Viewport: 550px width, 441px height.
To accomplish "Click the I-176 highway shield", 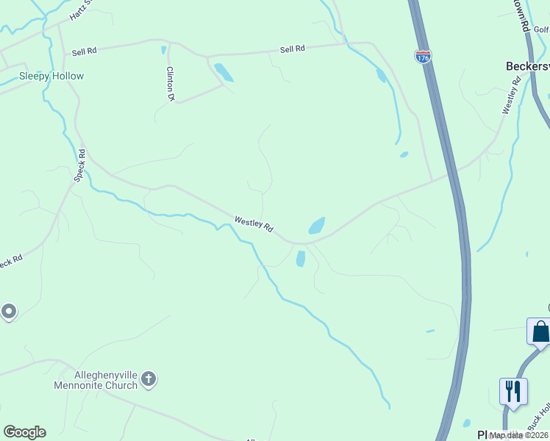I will [423, 57].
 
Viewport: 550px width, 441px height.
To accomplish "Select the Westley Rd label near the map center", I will [254, 224].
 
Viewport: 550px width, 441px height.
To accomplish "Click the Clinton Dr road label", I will [171, 83].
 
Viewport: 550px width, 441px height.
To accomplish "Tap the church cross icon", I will [149, 379].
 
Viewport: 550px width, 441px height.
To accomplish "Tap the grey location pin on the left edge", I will [8, 312].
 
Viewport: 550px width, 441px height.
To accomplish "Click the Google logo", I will [24, 432].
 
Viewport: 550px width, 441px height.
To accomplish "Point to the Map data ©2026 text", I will [518, 435].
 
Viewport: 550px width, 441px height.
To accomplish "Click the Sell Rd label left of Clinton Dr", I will [85, 52].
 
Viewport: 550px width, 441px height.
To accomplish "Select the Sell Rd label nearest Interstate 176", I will [292, 49].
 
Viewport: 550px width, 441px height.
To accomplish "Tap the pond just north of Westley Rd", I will [317, 226].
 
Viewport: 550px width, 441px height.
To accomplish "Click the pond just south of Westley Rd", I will [300, 259].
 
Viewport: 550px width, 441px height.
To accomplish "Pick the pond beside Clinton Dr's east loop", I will [224, 72].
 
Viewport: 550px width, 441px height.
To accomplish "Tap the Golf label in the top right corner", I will [542, 30].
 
